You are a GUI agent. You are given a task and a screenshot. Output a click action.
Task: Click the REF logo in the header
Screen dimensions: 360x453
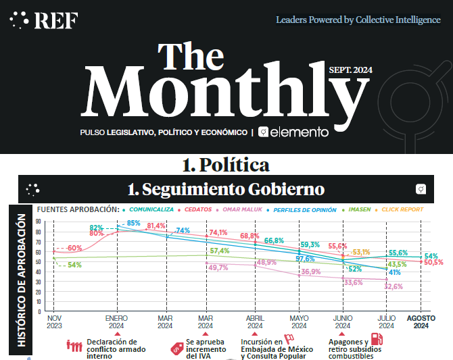click(x=44, y=20)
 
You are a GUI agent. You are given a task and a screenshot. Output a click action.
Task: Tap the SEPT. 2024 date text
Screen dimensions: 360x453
click(x=350, y=70)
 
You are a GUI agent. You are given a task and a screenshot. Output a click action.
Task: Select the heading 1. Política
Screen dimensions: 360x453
click(x=226, y=164)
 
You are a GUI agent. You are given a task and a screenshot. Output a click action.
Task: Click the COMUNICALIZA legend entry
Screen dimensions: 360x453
click(x=151, y=210)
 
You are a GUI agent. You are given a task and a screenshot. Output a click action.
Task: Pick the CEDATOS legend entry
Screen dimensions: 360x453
click(x=199, y=210)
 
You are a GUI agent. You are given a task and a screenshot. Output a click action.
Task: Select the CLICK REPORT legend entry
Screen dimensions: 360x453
click(x=403, y=210)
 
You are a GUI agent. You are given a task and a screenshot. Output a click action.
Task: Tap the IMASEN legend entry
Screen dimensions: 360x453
click(x=358, y=210)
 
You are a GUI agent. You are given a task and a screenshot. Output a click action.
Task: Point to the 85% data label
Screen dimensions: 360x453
click(x=133, y=224)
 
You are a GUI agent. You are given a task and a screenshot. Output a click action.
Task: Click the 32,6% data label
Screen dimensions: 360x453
click(x=394, y=286)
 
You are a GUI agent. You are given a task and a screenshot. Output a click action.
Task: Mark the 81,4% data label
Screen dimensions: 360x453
click(x=156, y=226)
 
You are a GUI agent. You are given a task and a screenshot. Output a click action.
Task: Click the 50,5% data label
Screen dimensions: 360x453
click(x=433, y=262)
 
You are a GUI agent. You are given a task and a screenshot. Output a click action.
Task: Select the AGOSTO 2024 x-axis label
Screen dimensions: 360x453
click(x=421, y=322)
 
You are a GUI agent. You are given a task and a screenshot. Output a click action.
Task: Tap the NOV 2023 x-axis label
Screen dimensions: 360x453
click(x=54, y=322)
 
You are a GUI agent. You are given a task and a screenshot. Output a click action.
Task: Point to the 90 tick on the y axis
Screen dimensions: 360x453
click(x=38, y=222)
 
